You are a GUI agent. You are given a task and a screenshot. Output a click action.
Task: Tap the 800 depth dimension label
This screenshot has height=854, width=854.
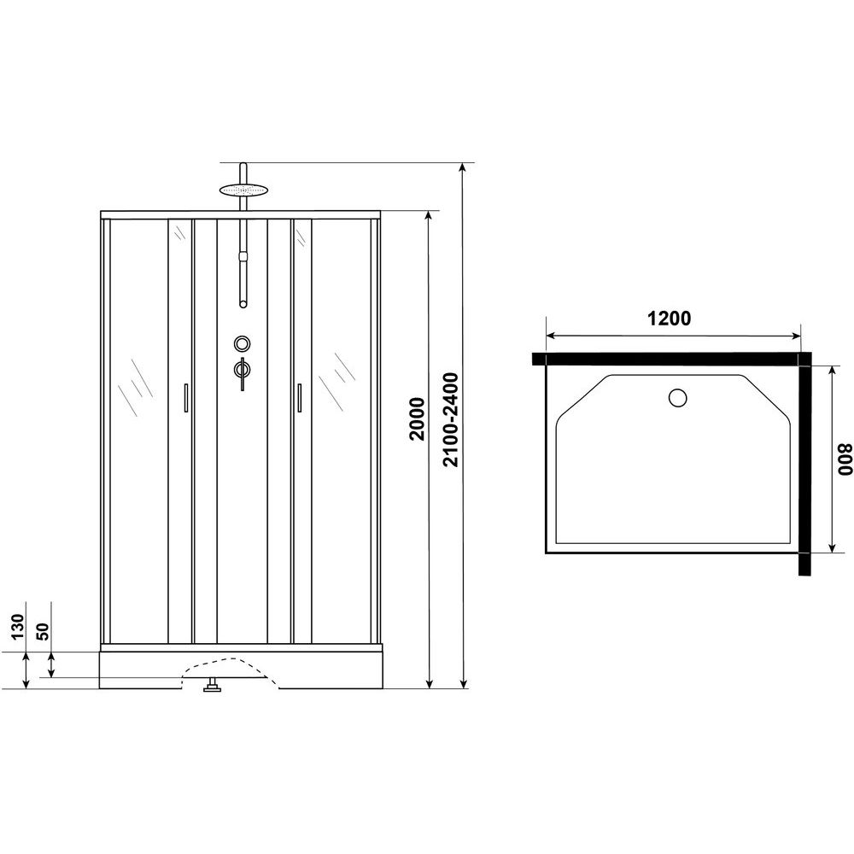[844, 459]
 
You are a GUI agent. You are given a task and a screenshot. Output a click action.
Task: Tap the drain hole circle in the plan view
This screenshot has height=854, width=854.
[678, 398]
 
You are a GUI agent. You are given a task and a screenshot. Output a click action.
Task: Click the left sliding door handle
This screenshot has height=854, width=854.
[184, 399]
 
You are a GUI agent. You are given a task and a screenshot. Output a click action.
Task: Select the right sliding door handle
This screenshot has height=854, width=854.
[299, 399]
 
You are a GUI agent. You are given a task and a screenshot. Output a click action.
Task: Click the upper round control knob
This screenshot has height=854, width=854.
[243, 344]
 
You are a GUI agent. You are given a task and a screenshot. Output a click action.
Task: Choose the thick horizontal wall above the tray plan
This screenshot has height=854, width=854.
[666, 359]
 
